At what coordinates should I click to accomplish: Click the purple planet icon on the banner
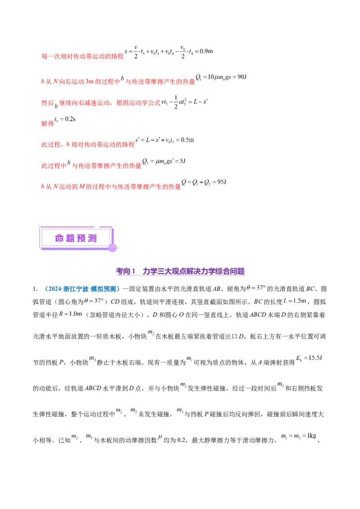click(112, 247)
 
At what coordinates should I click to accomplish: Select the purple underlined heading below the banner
click(180, 272)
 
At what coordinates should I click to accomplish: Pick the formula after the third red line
click(185, 103)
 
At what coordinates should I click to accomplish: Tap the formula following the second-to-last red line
click(164, 162)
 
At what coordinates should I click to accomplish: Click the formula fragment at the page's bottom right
click(298, 436)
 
